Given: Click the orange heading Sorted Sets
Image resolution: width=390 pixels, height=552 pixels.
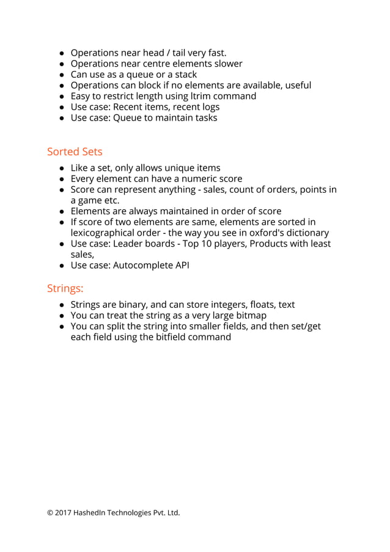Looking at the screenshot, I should (x=75, y=151).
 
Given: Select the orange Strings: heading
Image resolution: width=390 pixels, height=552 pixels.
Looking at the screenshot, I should (x=65, y=288).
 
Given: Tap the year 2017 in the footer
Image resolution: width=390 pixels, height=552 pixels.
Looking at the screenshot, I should (x=63, y=513).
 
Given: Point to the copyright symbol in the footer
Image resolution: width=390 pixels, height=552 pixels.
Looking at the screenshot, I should (x=50, y=513).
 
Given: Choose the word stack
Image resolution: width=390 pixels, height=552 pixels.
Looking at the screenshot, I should (x=185, y=75).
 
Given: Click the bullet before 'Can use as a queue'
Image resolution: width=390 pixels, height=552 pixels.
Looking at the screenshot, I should (x=62, y=75).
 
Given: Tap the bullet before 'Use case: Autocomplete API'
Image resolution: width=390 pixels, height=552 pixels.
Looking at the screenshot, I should (x=62, y=266).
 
